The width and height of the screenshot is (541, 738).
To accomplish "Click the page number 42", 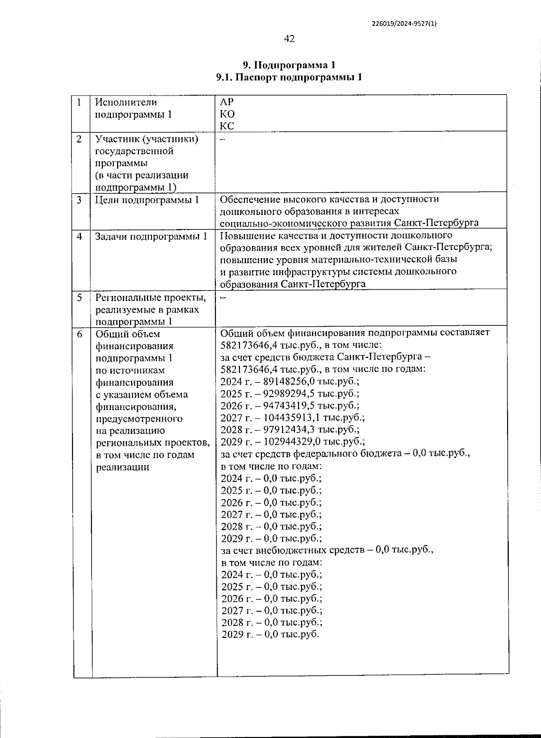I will pyautogui.click(x=289, y=39).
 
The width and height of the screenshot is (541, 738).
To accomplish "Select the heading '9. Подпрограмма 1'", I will pyautogui.click(x=289, y=65).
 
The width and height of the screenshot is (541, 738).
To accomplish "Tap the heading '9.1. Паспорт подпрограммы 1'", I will pyautogui.click(x=289, y=77).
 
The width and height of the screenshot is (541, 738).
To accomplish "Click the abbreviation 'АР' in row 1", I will pyautogui.click(x=226, y=102).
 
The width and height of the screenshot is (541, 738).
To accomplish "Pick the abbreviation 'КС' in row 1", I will pyautogui.click(x=227, y=126).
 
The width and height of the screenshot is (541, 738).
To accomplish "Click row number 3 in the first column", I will pyautogui.click(x=79, y=200).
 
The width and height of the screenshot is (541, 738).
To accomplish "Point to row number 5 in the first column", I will pyautogui.click(x=79, y=298).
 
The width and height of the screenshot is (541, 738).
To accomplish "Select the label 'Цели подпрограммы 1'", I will pyautogui.click(x=147, y=200).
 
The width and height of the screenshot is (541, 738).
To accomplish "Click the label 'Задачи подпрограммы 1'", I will pyautogui.click(x=151, y=236).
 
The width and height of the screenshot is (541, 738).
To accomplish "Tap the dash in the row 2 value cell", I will pyautogui.click(x=222, y=139).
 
